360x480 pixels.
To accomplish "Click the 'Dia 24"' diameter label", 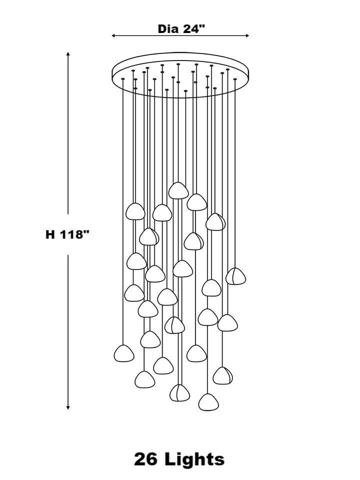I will coord(181,28).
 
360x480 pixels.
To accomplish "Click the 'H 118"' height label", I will coord(67,234).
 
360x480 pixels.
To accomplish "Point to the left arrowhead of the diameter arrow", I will coord(113,36).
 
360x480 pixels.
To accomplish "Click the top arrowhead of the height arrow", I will coord(68,53).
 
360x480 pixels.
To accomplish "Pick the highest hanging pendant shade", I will coord(177,190).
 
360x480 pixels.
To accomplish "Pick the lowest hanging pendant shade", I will coord(208,402).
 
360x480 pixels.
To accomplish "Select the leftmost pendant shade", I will coord(124,353).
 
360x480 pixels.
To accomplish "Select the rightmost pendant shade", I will coord(235,276).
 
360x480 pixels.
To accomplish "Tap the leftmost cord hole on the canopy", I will coord(123,79).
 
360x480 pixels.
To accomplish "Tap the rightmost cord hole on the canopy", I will coord(235,79).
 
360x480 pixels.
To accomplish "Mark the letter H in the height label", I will coord(50,234).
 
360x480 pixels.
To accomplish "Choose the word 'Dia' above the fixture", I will coord(168,28).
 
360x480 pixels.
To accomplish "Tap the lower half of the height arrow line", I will coord(68,330).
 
